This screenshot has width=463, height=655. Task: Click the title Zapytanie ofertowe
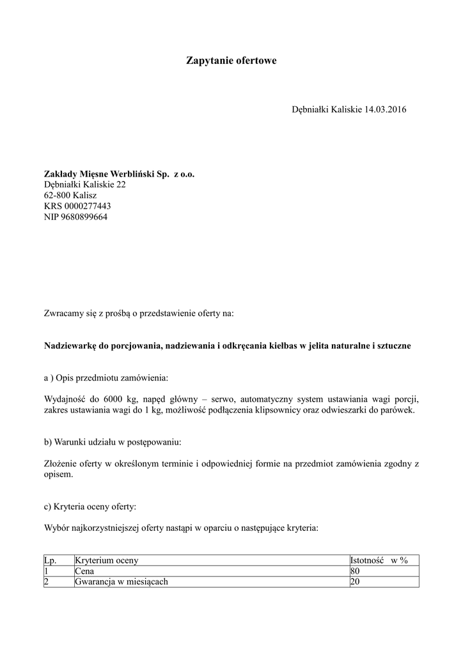tap(231, 61)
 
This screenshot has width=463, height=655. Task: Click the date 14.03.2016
tap(386, 109)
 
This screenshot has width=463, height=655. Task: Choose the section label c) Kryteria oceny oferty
tap(90, 507)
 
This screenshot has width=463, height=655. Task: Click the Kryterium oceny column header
tap(106, 560)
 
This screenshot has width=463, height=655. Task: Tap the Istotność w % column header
tap(379, 560)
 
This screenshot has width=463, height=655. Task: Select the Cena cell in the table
tap(84, 571)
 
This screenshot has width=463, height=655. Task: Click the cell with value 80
tap(356, 571)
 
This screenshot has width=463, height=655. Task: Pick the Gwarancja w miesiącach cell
tap(122, 582)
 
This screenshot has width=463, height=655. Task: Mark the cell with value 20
tap(356, 582)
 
